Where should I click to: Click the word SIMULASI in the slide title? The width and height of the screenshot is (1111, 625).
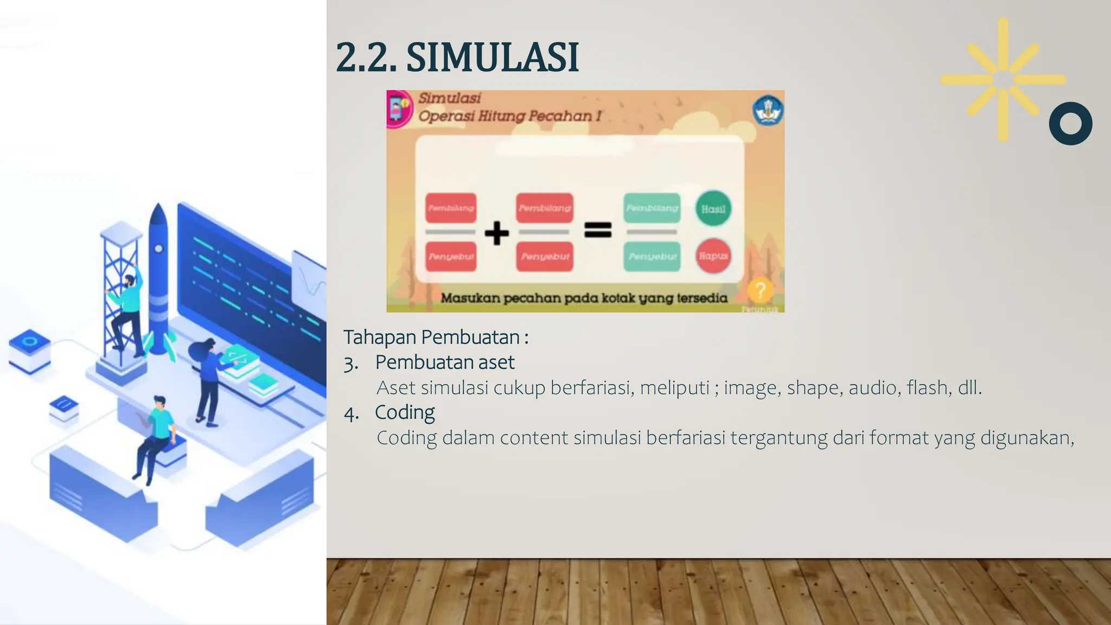pos(493,58)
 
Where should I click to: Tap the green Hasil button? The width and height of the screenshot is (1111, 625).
pos(713,209)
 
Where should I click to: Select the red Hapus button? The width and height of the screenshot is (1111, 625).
pos(713,256)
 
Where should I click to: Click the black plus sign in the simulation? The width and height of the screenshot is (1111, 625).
pos(496,233)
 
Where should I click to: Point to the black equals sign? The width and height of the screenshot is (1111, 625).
pos(598,230)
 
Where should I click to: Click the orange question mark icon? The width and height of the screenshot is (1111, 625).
pos(760,291)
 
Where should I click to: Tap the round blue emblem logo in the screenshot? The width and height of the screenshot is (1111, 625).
pos(768,110)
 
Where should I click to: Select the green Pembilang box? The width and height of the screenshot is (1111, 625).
pos(652,208)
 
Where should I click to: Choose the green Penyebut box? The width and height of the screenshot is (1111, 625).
pos(652,256)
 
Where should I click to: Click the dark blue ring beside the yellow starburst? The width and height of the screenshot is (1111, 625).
pos(1070,124)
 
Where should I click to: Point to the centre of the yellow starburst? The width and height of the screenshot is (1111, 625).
pos(1003,80)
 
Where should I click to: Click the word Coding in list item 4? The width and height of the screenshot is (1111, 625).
pos(405,412)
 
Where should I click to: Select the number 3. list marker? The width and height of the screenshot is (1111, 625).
pos(351,363)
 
